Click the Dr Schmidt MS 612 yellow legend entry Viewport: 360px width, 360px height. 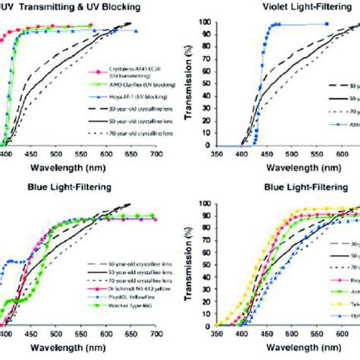click(114, 311)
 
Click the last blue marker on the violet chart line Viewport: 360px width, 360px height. click(327, 24)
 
